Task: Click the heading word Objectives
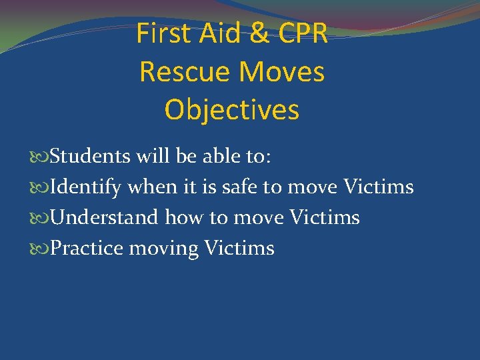click(x=231, y=110)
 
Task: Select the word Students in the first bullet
click(x=90, y=157)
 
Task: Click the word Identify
click(x=85, y=187)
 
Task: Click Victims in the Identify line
click(x=378, y=187)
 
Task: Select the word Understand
click(x=105, y=218)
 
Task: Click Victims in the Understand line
click(x=324, y=218)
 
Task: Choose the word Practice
click(x=87, y=249)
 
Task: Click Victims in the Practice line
click(x=239, y=249)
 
